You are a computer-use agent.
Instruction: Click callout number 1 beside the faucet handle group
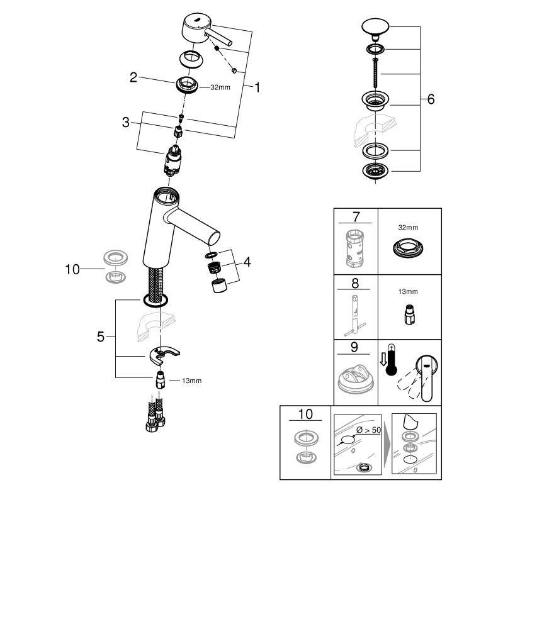[257, 87]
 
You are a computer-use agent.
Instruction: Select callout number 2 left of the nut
[133, 77]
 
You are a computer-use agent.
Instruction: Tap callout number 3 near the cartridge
[126, 123]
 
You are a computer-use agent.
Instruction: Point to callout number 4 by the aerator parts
[247, 262]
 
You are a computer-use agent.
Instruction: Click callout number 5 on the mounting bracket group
[100, 337]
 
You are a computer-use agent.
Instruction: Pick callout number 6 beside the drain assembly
[431, 99]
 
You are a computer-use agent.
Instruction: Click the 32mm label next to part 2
[220, 87]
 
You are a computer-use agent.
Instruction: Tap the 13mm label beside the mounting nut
[191, 381]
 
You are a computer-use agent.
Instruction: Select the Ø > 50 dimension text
[368, 430]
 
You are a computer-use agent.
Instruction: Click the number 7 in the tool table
[356, 216]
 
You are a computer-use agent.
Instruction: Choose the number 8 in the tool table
[355, 283]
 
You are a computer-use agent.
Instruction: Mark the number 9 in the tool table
[354, 347]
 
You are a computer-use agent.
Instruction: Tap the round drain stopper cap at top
[375, 28]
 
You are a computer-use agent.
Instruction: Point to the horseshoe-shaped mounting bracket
[164, 354]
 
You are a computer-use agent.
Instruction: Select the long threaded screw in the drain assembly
[375, 73]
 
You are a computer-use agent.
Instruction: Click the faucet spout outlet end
[213, 237]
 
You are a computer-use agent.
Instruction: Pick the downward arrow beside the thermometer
[383, 359]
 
